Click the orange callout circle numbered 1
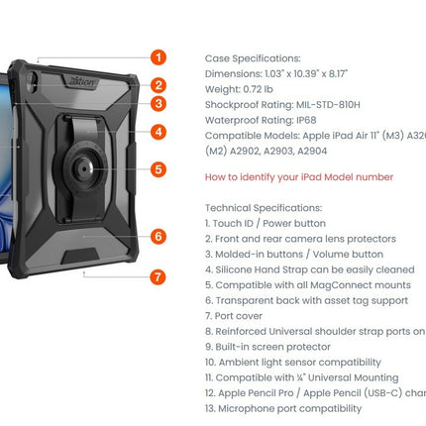click(160, 57)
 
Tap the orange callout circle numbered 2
click(160, 85)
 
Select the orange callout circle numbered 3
click(160, 103)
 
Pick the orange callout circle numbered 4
click(160, 131)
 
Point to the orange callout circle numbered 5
click(160, 169)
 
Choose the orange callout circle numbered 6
click(160, 236)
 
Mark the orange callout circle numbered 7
click(160, 277)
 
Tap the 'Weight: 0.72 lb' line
click(244, 88)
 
